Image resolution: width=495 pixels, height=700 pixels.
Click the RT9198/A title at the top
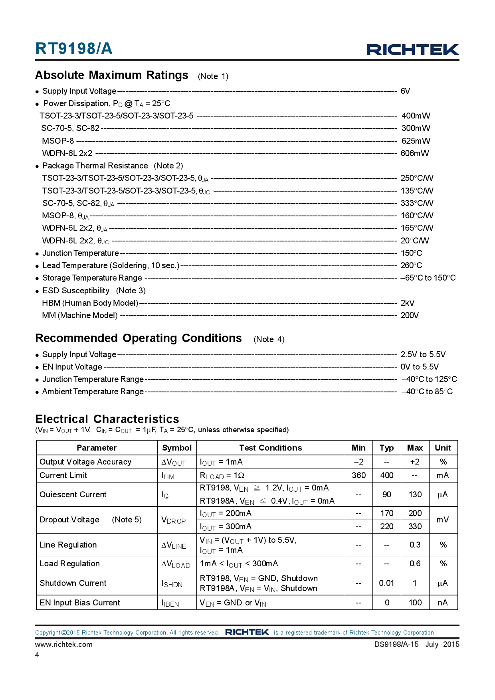pyautogui.click(x=74, y=49)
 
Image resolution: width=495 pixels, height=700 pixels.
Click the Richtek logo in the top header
pyautogui.click(x=412, y=49)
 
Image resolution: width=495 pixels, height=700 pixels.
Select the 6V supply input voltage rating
pyautogui.click(x=405, y=91)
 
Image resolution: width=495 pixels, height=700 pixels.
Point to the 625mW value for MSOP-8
pyautogui.click(x=416, y=141)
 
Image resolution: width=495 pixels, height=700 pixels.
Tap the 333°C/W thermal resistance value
pyautogui.click(x=417, y=203)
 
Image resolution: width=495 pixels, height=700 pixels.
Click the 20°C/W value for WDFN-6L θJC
pyautogui.click(x=414, y=241)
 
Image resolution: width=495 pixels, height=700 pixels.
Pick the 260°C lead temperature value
pyautogui.click(x=411, y=265)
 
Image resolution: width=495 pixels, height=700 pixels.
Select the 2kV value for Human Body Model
pyautogui.click(x=407, y=303)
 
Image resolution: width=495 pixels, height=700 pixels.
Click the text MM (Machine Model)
pyautogui.click(x=80, y=315)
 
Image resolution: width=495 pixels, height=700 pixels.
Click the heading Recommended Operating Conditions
pyautogui.click(x=139, y=338)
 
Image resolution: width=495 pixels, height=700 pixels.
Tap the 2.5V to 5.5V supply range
pyautogui.click(x=423, y=354)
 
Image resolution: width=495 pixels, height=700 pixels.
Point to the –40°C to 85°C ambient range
pyautogui.click(x=427, y=392)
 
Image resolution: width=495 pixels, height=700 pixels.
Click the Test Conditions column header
pyautogui.click(x=271, y=448)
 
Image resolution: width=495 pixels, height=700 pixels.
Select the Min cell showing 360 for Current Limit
pyautogui.click(x=358, y=475)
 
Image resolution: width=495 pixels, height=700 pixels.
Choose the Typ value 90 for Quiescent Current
pyautogui.click(x=386, y=494)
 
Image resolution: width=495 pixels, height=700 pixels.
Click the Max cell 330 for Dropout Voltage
pyautogui.click(x=415, y=526)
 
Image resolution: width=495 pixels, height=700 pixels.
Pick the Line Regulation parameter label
pyautogui.click(x=68, y=545)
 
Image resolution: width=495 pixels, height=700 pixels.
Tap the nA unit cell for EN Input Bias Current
pyautogui.click(x=442, y=603)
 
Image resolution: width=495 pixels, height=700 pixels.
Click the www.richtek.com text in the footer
pyautogui.click(x=64, y=644)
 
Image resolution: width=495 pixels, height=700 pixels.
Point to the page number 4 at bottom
pyautogui.click(x=37, y=655)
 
